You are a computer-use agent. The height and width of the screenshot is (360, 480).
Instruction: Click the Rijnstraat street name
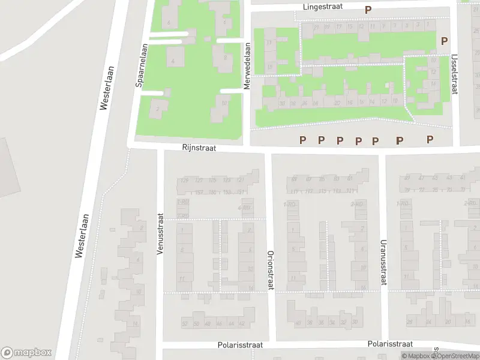(199, 147)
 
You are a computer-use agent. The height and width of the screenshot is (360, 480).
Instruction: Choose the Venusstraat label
(160, 235)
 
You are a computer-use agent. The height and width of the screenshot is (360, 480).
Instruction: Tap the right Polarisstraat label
(390, 344)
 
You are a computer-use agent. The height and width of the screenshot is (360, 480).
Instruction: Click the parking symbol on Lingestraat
(368, 10)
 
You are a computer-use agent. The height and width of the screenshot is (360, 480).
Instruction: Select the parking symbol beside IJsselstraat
(444, 41)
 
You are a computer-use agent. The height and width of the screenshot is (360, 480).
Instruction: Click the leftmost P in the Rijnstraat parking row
(303, 140)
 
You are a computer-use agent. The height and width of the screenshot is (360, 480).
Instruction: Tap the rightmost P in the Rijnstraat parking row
(430, 139)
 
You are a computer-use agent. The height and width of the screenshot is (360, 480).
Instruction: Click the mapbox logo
(26, 353)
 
